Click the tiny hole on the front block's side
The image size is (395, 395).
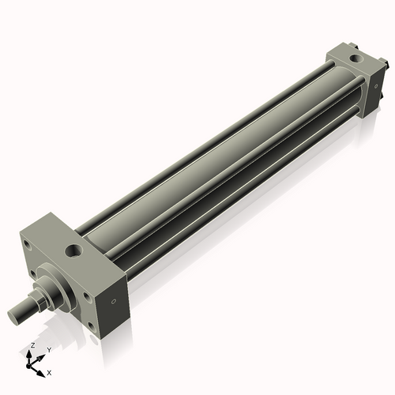point(115,300)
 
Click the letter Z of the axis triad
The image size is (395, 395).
point(32,346)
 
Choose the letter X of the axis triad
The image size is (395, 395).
point(49,371)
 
